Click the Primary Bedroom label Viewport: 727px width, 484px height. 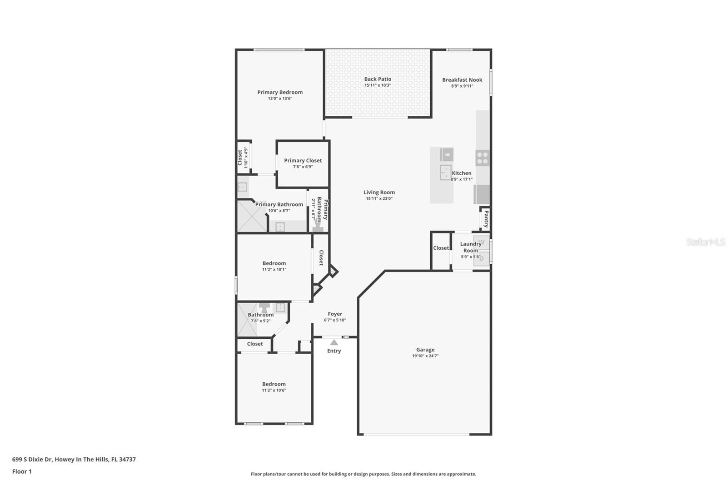click(x=280, y=92)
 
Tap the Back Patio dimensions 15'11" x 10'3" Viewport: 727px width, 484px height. click(x=377, y=85)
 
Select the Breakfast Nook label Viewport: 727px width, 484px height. click(x=462, y=80)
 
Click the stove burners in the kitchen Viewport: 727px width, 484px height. click(x=482, y=158)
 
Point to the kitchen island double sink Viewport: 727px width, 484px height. click(x=445, y=173)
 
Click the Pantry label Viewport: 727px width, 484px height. click(x=486, y=219)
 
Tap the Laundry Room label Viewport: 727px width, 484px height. click(x=470, y=247)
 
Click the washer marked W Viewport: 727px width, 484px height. click(x=482, y=242)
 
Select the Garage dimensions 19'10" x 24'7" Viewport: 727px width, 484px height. click(x=425, y=356)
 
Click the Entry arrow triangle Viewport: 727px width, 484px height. click(x=334, y=342)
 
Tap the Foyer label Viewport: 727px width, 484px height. click(x=335, y=314)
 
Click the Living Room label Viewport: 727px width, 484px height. click(x=379, y=192)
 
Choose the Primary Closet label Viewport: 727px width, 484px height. click(x=303, y=160)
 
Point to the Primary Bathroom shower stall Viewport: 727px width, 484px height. click(x=251, y=217)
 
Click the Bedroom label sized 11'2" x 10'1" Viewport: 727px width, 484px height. click(x=274, y=263)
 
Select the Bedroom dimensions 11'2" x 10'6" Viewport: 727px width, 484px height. click(x=274, y=390)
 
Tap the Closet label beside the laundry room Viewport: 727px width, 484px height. click(x=441, y=248)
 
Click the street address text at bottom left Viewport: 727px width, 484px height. click(x=74, y=459)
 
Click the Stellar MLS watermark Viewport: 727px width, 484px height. click(x=705, y=242)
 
